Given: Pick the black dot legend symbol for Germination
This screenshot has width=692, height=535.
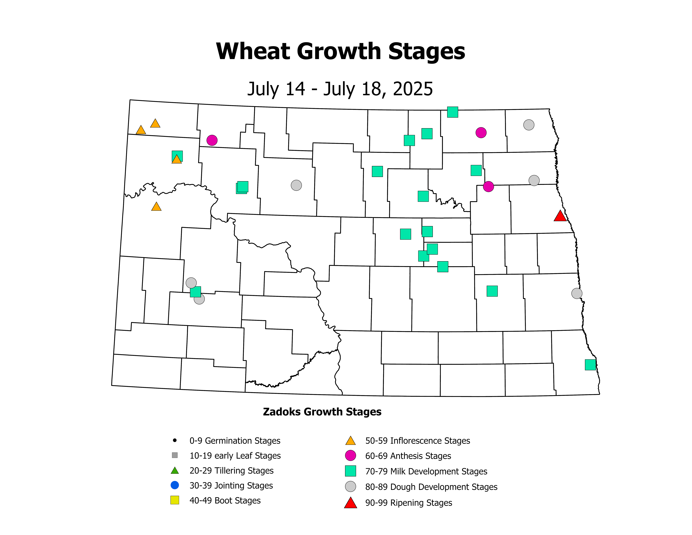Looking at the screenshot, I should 175,440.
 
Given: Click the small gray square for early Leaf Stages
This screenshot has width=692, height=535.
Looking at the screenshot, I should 175,455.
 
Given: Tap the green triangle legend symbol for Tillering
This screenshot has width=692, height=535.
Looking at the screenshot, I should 175,470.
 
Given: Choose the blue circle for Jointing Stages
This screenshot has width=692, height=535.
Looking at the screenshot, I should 175,485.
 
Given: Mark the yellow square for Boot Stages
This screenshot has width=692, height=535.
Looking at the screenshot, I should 175,500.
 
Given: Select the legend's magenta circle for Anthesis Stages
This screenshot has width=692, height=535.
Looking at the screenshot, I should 350,455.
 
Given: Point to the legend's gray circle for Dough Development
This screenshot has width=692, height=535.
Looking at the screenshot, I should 350,487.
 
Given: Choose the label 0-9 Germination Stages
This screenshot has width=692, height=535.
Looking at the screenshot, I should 235,441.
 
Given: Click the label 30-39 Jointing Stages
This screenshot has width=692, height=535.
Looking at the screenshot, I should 231,486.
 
